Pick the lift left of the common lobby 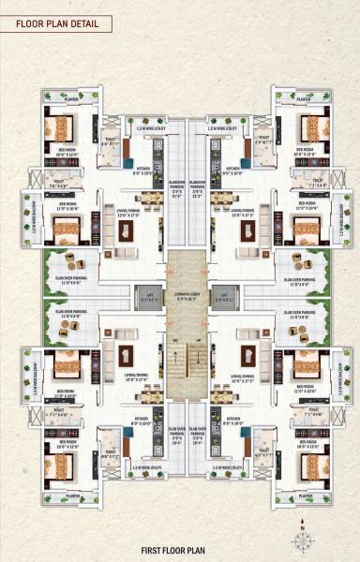145,295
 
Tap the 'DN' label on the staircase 172,340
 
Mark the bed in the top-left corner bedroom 62,127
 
